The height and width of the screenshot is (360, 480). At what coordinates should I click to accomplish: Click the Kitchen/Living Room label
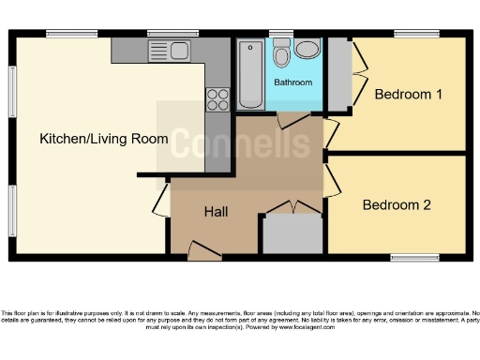point(103,139)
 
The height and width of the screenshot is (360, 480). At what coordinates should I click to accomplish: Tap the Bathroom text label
point(292,82)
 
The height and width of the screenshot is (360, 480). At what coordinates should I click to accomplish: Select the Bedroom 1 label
point(408,95)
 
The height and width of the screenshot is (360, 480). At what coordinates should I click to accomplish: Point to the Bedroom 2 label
point(397,204)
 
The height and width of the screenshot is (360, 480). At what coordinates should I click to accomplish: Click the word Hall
point(216,212)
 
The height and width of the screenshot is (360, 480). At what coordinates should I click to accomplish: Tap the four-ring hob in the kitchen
point(217,97)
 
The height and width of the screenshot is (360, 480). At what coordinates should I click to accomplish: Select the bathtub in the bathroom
point(250,75)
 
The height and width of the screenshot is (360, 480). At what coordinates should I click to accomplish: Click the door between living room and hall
point(160,199)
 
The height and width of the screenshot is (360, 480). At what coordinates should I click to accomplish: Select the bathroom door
point(292,120)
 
